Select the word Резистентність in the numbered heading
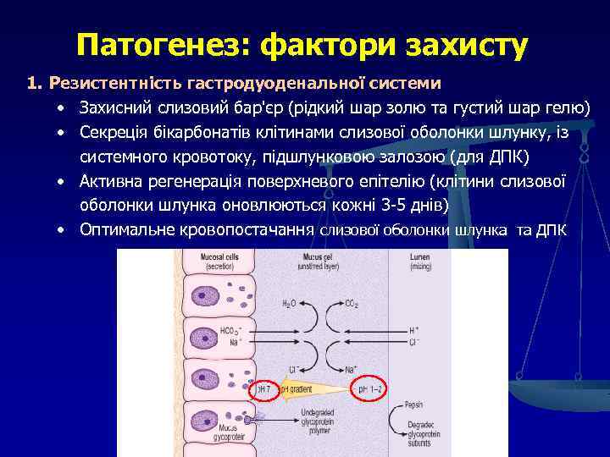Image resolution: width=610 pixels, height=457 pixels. tap(105, 83)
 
